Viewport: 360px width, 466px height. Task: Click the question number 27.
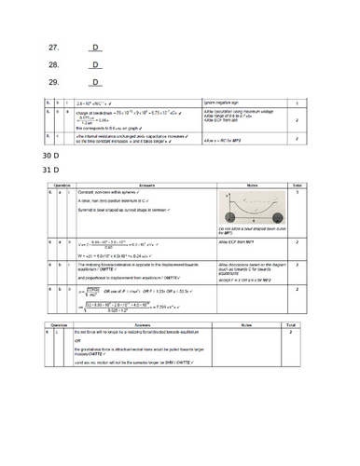pyautogui.click(x=53, y=48)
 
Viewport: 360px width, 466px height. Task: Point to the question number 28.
pyautogui.click(x=53, y=65)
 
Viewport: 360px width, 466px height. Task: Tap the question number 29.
pyautogui.click(x=53, y=83)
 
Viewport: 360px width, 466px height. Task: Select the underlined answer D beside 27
pyautogui.click(x=96, y=48)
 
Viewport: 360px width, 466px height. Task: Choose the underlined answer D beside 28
pyautogui.click(x=96, y=65)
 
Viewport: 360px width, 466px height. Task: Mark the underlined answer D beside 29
pyautogui.click(x=96, y=83)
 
